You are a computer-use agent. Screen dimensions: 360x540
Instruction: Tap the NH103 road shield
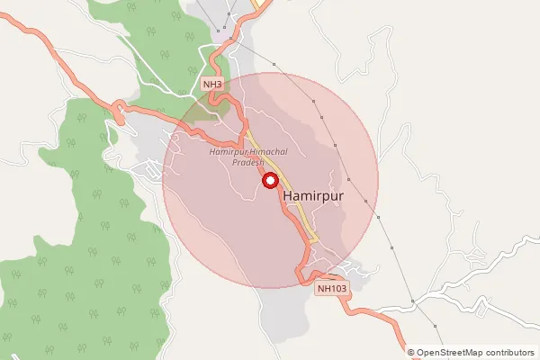pos(331,289)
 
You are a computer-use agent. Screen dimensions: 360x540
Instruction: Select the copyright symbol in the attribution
pos(410,353)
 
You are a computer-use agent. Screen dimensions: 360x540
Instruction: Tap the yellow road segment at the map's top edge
pos(262,4)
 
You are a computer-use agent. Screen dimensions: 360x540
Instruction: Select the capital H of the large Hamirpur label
pos(288,194)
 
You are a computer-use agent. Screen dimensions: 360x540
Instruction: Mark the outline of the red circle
pos(378,180)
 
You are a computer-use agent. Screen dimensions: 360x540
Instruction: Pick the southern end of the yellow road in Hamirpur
pos(314,238)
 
